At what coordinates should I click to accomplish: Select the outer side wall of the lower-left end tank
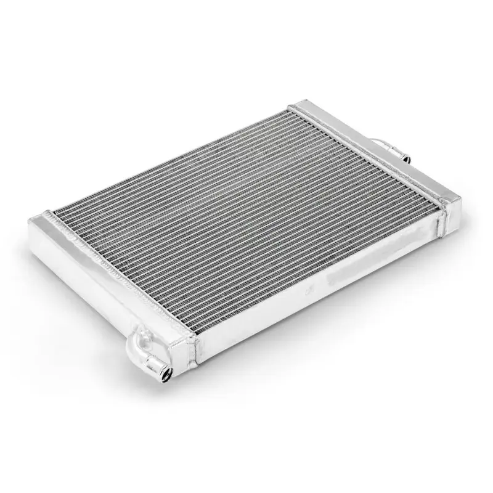pos(92,290)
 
